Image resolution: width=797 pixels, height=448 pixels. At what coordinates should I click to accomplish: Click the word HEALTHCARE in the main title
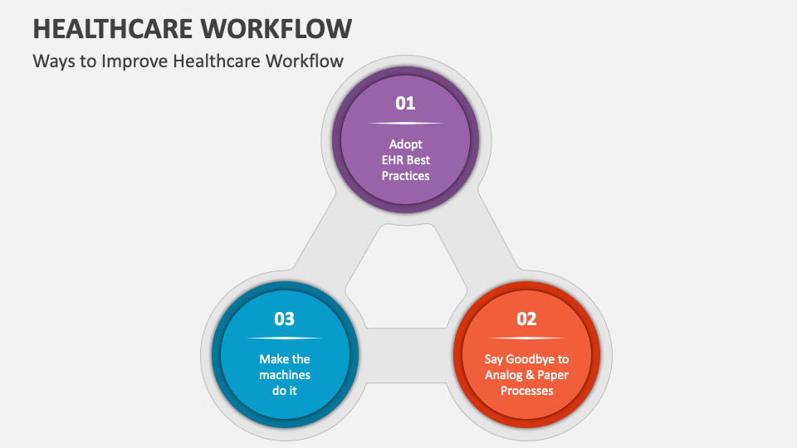(113, 28)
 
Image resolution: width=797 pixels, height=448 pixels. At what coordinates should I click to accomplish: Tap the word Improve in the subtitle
(134, 61)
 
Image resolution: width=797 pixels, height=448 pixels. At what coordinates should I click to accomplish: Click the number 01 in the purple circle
(405, 103)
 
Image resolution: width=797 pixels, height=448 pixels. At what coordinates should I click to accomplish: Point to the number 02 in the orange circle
(526, 319)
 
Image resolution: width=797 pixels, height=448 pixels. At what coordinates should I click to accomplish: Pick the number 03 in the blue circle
(284, 319)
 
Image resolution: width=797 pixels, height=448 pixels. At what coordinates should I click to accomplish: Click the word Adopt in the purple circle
(406, 144)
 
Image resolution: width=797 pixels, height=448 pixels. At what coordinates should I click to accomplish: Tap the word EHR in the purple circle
(393, 160)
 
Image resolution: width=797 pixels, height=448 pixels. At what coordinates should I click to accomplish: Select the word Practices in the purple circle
(406, 176)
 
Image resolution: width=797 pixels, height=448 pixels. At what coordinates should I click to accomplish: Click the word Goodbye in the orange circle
(531, 359)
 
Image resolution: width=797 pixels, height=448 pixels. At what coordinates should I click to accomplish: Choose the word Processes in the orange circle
(526, 391)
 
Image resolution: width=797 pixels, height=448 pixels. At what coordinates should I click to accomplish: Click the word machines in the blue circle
(285, 375)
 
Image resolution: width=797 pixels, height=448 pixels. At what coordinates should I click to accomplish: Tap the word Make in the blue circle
(271, 359)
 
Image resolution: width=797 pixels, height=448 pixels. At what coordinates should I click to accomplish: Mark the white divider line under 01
(406, 123)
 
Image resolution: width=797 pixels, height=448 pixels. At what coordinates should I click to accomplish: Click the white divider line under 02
(526, 338)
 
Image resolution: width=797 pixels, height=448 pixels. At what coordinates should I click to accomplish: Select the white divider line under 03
(285, 338)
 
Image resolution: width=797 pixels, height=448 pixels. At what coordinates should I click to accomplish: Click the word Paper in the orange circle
(553, 375)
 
